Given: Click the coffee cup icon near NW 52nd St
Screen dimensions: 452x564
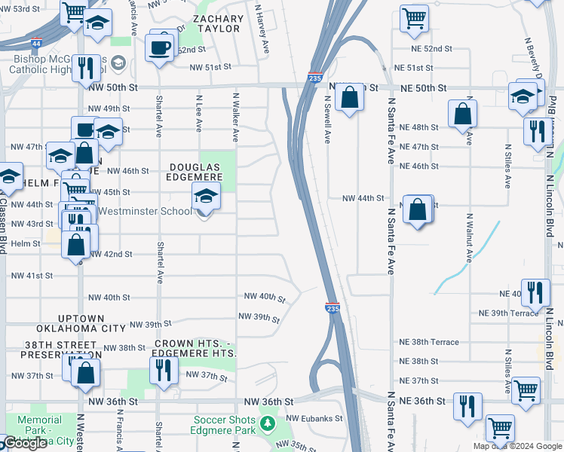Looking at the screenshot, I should (x=159, y=47).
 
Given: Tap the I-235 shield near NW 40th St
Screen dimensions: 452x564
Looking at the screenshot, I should (x=332, y=308).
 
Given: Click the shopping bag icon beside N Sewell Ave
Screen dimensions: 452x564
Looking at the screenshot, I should (x=349, y=98).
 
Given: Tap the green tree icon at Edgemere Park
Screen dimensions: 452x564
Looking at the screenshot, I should (x=267, y=424).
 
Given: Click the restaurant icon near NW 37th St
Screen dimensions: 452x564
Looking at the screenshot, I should (x=162, y=370).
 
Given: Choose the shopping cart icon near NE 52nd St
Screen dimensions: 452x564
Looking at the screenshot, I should (x=414, y=18).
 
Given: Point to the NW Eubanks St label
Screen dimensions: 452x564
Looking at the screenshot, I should (x=314, y=418).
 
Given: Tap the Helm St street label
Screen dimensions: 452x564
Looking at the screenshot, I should (x=25, y=244).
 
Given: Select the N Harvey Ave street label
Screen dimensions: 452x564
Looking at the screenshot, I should (x=262, y=29).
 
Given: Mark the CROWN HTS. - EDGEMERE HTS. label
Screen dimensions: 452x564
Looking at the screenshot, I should (x=195, y=348).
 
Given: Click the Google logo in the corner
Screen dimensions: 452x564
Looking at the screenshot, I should (x=25, y=444).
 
